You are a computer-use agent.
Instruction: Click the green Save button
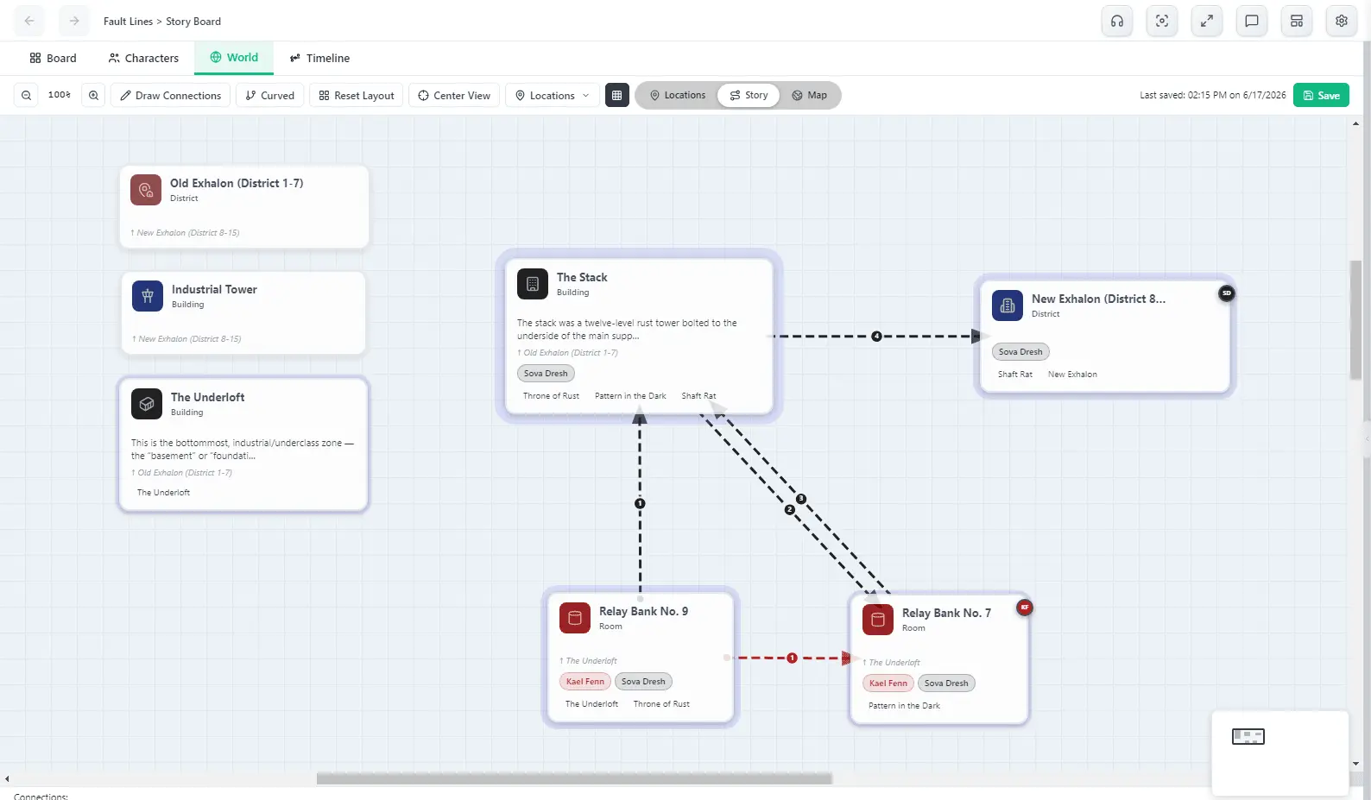pyautogui.click(x=1321, y=96)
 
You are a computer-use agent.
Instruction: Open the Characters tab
pyautogui.click(x=143, y=58)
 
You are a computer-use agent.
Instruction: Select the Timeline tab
pyautogui.click(x=319, y=58)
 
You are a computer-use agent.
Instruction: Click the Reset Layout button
pyautogui.click(x=357, y=96)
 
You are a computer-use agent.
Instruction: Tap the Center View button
pyautogui.click(x=454, y=96)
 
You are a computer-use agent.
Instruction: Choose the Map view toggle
pyautogui.click(x=809, y=96)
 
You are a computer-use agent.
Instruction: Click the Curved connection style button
pyautogui.click(x=270, y=96)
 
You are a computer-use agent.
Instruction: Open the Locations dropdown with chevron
pyautogui.click(x=552, y=96)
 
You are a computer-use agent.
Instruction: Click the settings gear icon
pyautogui.click(x=1341, y=22)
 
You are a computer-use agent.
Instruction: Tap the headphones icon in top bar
pyautogui.click(x=1117, y=22)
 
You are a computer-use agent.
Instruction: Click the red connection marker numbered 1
pyautogui.click(x=792, y=658)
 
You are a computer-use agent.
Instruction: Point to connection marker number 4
pyautogui.click(x=876, y=337)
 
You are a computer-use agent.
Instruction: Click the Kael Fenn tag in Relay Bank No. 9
pyautogui.click(x=584, y=682)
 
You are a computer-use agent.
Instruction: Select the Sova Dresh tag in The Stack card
pyautogui.click(x=546, y=373)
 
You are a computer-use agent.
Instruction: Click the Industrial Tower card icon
pyautogui.click(x=148, y=296)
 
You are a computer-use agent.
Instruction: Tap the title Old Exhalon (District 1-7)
pyautogui.click(x=237, y=183)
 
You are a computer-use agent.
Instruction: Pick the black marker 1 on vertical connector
pyautogui.click(x=640, y=503)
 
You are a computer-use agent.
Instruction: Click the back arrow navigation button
pyautogui.click(x=29, y=22)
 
